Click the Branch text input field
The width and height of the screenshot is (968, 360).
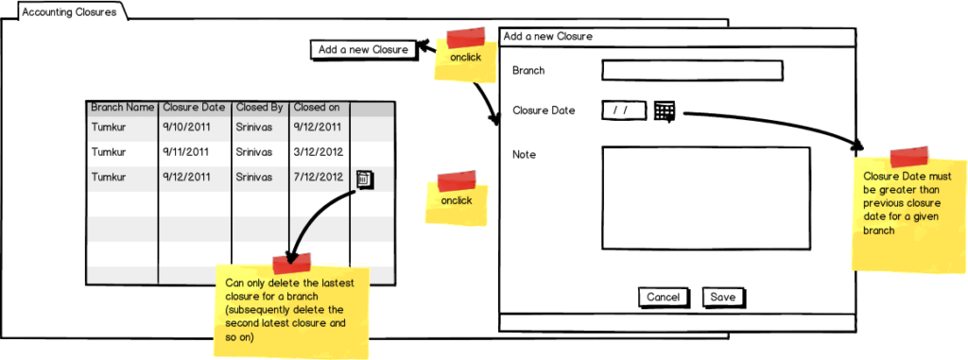coord(692,71)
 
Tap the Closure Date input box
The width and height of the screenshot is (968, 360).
coord(624,111)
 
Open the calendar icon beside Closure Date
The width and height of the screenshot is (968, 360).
coord(665,111)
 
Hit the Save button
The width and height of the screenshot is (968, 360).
coord(723,297)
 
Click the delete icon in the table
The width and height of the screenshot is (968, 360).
coord(364,180)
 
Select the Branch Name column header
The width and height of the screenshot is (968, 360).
coord(122,108)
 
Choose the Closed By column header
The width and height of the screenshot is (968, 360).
coord(259,108)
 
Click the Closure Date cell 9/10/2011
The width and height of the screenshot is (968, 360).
coord(187,128)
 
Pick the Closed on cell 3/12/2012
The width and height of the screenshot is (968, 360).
coord(318,152)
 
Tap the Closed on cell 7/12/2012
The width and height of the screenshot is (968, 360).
coord(318,178)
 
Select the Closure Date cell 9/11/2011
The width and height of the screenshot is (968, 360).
coord(186,152)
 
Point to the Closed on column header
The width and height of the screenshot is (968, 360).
coord(316,108)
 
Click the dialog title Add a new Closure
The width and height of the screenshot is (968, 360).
coord(548,37)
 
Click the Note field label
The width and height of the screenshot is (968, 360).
coord(524,154)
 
